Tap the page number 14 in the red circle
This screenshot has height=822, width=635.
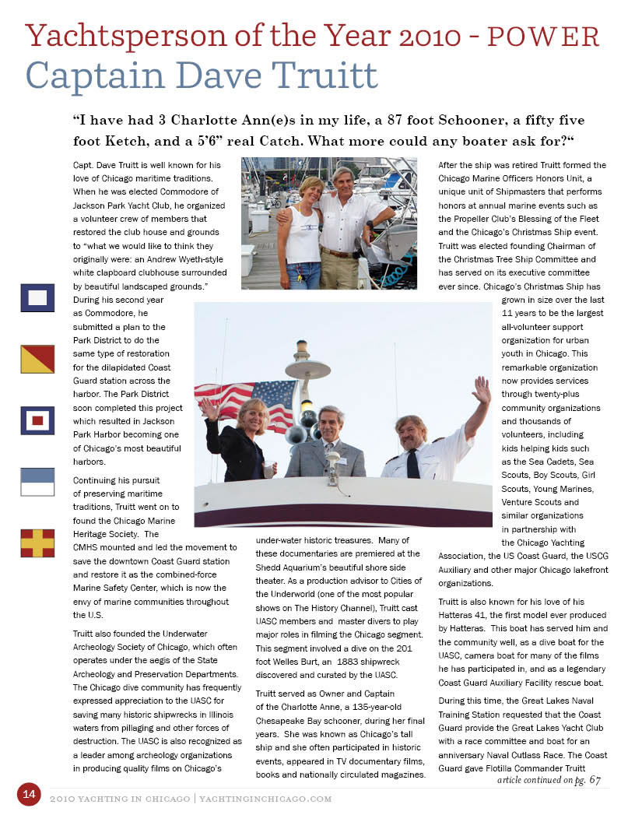pos(29,794)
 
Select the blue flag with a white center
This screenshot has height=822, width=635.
pos(37,297)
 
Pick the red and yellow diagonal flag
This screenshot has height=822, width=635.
pos(37,359)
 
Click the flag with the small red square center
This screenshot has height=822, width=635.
pos(37,420)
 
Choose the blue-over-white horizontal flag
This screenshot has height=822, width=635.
pos(37,482)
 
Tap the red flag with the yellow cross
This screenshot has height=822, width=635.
pos(37,543)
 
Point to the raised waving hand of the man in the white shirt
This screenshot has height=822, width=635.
pos(482,389)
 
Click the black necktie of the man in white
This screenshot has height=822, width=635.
pos(412,464)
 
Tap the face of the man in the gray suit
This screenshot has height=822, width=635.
pos(331,424)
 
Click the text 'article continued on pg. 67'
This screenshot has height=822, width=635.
pos(548,780)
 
